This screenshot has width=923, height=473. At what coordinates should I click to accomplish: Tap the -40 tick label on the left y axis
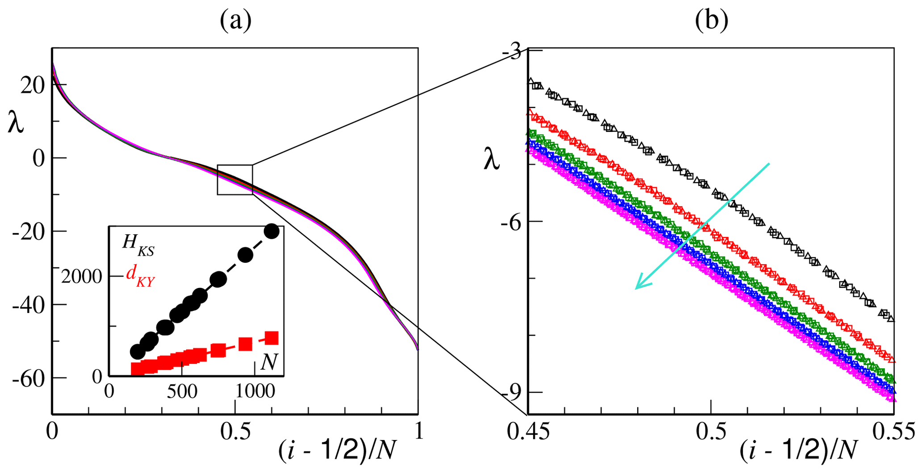click(29, 305)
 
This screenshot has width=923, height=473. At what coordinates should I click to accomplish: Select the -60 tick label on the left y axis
click(29, 378)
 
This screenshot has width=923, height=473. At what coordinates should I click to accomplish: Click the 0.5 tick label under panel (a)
click(235, 433)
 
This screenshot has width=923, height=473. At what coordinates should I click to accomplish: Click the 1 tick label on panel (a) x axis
click(418, 433)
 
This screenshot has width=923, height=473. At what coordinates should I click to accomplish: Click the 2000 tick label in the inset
click(82, 277)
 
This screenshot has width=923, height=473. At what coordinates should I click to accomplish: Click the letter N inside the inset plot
click(269, 363)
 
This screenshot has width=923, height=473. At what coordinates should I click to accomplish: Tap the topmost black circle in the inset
click(271, 231)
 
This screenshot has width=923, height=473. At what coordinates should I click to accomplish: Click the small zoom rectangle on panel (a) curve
click(235, 180)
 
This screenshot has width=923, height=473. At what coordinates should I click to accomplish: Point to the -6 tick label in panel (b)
click(511, 221)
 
